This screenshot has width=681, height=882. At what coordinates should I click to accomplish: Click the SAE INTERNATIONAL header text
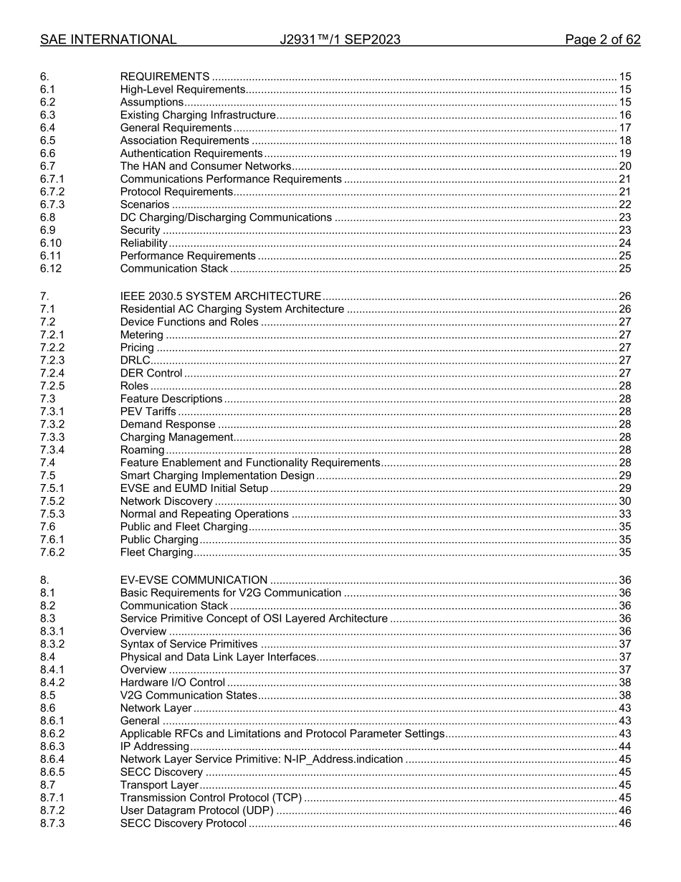click(x=108, y=40)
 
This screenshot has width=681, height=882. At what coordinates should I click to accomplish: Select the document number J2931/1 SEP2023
click(x=340, y=40)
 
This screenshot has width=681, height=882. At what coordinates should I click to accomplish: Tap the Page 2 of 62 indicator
click(x=602, y=40)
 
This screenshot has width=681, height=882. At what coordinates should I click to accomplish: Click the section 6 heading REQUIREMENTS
click(x=165, y=77)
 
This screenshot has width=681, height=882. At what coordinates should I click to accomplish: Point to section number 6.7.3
click(x=52, y=205)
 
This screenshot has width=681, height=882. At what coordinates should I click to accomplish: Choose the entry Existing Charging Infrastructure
click(x=197, y=115)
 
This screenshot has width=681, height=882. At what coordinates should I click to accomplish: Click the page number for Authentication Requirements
click(x=624, y=153)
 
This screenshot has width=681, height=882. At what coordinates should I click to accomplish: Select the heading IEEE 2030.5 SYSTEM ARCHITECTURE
click(x=220, y=296)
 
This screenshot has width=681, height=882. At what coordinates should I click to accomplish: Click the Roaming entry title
click(x=142, y=450)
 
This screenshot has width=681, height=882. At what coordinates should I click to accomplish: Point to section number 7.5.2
click(x=52, y=501)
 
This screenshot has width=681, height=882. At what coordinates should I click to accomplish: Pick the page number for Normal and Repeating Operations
click(x=624, y=514)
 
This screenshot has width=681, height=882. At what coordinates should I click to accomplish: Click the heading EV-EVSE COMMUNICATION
click(x=194, y=580)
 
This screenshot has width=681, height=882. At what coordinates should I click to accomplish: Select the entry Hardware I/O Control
click(x=172, y=683)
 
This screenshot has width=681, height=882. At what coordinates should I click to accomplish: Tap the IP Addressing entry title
click(x=154, y=746)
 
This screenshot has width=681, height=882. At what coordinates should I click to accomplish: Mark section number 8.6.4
click(x=52, y=759)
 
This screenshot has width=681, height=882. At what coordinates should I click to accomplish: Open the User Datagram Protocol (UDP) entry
click(x=197, y=810)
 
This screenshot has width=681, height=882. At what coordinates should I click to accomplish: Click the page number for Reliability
click(x=624, y=243)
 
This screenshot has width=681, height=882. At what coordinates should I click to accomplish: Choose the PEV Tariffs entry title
click(x=148, y=412)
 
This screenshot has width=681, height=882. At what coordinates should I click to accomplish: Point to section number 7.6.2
click(x=52, y=552)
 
